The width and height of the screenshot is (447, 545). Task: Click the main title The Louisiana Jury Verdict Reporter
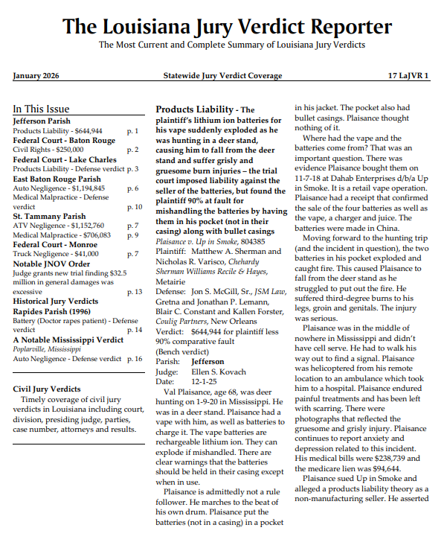(x=227, y=28)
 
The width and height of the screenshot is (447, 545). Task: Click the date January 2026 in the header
(x=36, y=76)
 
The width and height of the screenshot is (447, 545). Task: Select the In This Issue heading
(x=42, y=109)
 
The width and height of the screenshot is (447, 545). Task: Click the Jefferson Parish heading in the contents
(x=42, y=121)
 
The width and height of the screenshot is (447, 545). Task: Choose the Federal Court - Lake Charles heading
(x=65, y=159)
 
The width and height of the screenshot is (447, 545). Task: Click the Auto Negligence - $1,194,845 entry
(x=59, y=188)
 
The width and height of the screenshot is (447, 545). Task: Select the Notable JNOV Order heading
(x=51, y=264)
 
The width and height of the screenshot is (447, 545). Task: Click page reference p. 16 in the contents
(x=134, y=359)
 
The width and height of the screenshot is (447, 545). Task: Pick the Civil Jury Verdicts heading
(x=47, y=389)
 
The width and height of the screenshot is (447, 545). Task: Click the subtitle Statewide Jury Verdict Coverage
(x=222, y=76)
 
